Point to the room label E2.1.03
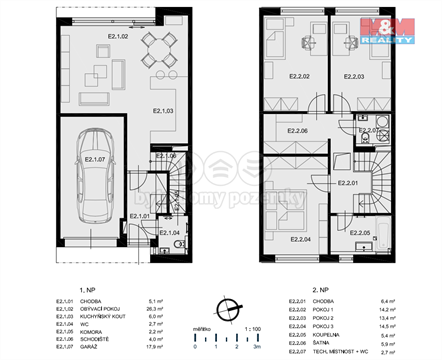tap(163, 111)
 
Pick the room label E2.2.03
tap(357, 76)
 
